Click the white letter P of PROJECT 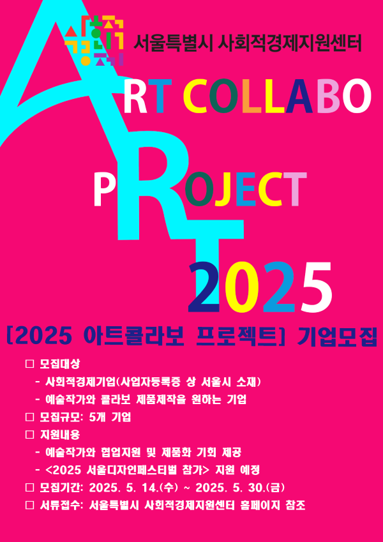[x=103, y=190]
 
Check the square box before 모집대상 [x=30, y=365]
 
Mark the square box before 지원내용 [x=30, y=435]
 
